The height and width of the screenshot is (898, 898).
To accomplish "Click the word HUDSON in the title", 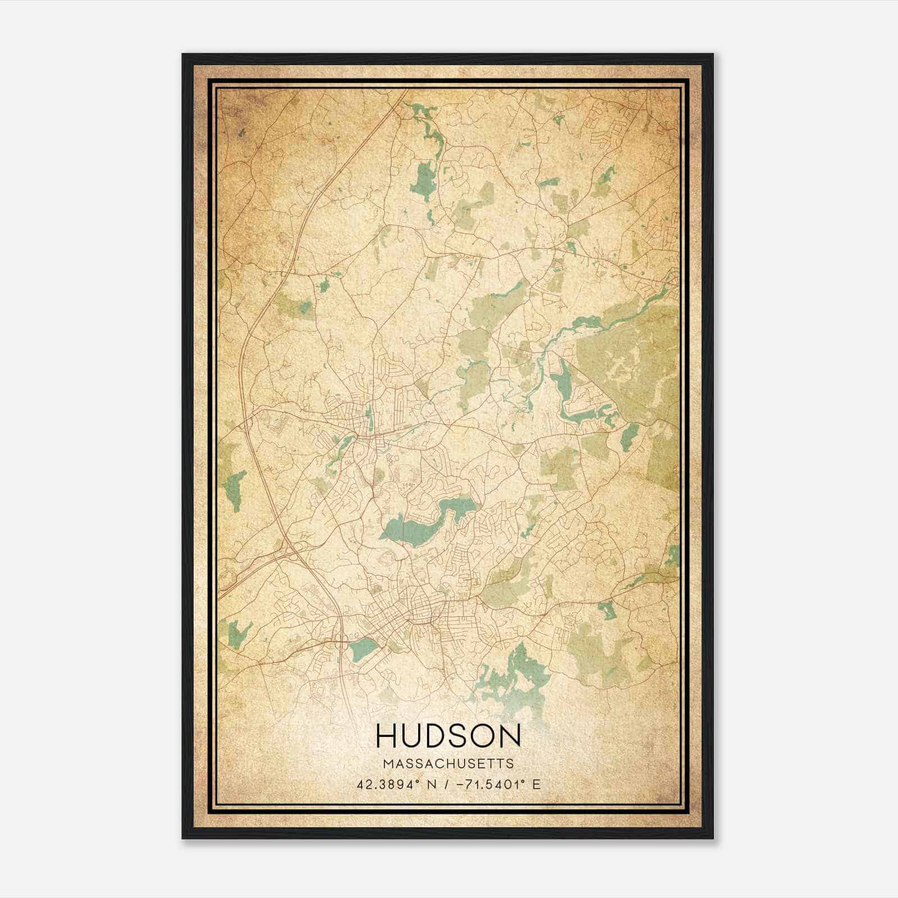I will pyautogui.click(x=448, y=735).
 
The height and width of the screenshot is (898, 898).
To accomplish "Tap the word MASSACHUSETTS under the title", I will pyautogui.click(x=448, y=764).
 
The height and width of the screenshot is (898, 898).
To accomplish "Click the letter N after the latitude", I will pyautogui.click(x=432, y=784).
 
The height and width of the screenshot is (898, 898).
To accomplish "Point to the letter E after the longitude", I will pyautogui.click(x=537, y=784).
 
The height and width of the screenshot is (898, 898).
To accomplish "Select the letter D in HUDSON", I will pyautogui.click(x=438, y=735).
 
